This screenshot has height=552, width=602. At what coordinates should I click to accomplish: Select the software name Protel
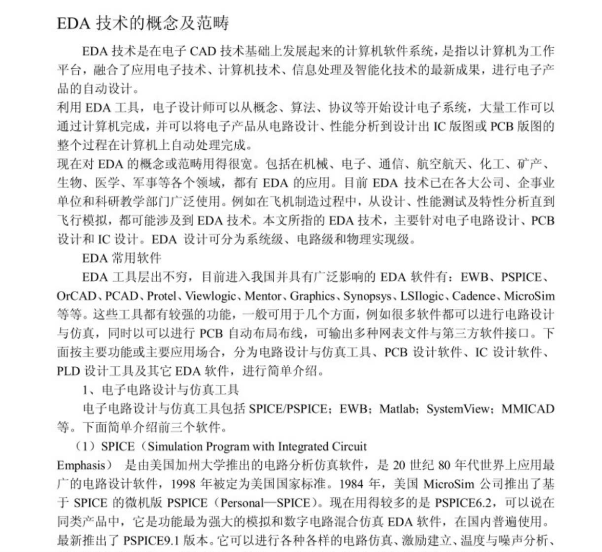point(162,296)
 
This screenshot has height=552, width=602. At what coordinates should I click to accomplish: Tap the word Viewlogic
point(211,296)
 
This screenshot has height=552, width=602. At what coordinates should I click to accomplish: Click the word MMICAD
point(528,409)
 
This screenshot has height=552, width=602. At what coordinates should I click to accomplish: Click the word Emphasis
point(80,465)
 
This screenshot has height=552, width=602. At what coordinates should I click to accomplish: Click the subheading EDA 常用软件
point(121,258)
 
